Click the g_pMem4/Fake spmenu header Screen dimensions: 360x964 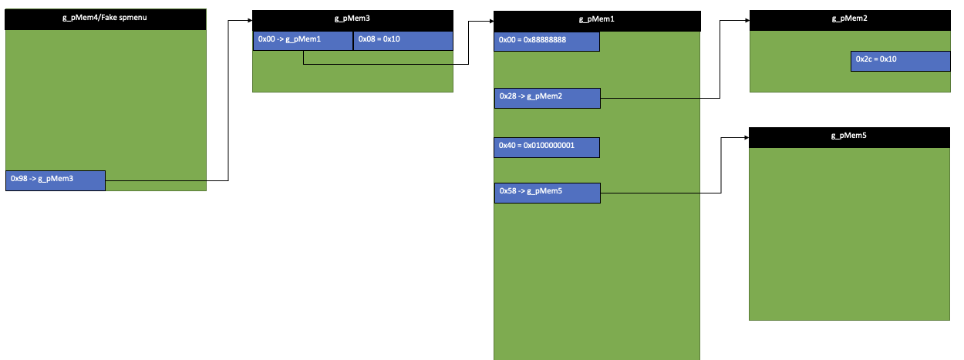[x=106, y=19]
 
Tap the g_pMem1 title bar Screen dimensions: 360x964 [x=597, y=21]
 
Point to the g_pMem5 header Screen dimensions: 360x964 [x=849, y=137]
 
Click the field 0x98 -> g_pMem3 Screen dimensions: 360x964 [x=55, y=180]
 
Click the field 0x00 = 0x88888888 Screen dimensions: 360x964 [x=546, y=41]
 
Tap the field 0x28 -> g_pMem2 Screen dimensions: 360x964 [x=546, y=98]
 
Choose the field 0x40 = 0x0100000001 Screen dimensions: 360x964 [x=546, y=147]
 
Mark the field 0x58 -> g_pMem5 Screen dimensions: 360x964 [x=546, y=193]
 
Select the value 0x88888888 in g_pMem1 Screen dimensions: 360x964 [x=558, y=41]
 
